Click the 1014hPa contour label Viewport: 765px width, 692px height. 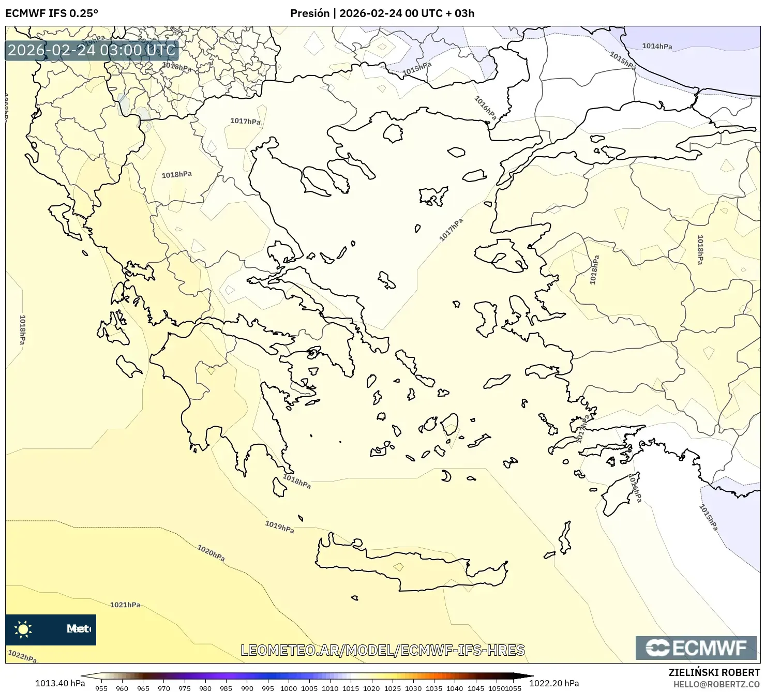[657, 47]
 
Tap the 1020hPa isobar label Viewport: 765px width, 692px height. [211, 553]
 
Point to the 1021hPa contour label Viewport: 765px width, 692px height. [125, 605]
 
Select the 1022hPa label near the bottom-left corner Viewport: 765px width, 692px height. [22, 656]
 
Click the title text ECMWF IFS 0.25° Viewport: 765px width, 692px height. [52, 13]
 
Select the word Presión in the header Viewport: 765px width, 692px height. [310, 13]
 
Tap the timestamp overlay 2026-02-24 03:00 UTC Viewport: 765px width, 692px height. [92, 50]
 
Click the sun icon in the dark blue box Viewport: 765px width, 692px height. [23, 629]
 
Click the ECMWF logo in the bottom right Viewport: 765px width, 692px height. [696, 648]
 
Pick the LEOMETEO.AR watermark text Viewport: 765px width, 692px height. [383, 650]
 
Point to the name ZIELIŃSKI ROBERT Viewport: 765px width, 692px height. [714, 673]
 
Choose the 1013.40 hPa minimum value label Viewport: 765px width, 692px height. [60, 683]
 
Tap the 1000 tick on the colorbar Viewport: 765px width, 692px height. [289, 688]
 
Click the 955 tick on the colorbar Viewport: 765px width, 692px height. [101, 688]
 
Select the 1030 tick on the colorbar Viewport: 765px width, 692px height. [413, 688]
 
